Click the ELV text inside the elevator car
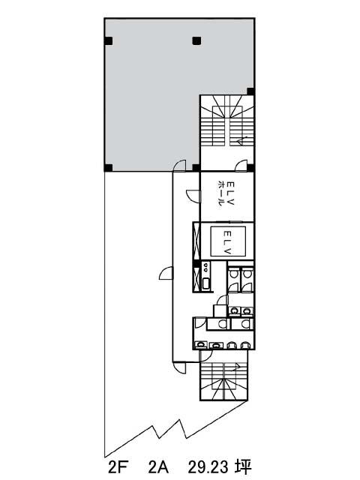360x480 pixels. [228, 242]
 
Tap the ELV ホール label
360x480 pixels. [226, 193]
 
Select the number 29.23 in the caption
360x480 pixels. [208, 467]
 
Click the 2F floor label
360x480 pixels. [118, 467]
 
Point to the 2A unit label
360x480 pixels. [158, 467]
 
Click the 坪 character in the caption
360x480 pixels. [244, 467]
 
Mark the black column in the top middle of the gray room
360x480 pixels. [196, 40]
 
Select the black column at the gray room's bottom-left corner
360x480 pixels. [108, 168]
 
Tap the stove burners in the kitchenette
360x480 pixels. [205, 267]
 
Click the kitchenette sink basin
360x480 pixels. [205, 283]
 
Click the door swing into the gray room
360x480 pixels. [179, 166]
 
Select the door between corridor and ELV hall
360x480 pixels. [193, 196]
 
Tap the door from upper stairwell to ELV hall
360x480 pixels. [241, 166]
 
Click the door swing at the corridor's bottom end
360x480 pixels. [179, 367]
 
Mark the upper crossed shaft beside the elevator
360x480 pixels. [196, 241]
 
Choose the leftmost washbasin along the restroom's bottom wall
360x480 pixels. [200, 345]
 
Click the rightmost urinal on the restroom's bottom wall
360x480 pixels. [244, 345]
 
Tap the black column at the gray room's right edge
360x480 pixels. [250, 91]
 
